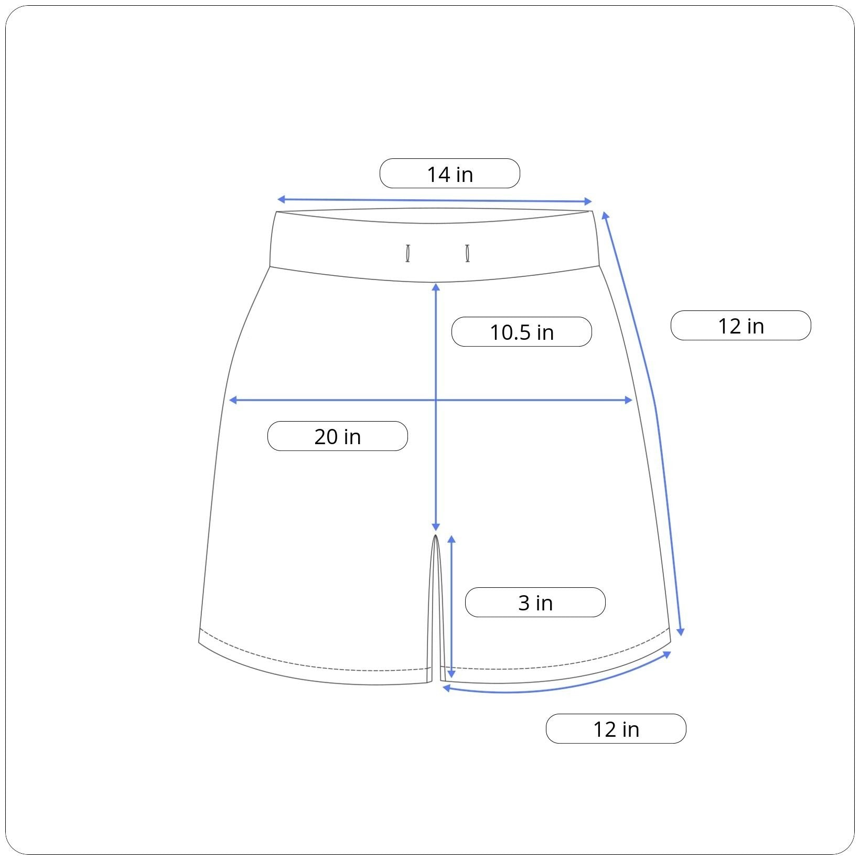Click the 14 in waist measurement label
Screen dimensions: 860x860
(x=450, y=174)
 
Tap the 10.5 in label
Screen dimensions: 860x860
(x=522, y=332)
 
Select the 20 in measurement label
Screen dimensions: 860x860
(x=338, y=436)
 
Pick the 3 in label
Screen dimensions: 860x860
(x=535, y=603)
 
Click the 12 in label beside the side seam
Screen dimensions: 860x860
(x=741, y=326)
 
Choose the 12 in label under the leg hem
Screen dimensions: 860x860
(x=616, y=729)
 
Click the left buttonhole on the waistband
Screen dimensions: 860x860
(x=407, y=253)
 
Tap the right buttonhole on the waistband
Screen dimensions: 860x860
(x=467, y=253)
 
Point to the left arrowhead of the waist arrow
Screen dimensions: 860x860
(x=281, y=199)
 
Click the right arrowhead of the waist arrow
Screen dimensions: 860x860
(x=588, y=201)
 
